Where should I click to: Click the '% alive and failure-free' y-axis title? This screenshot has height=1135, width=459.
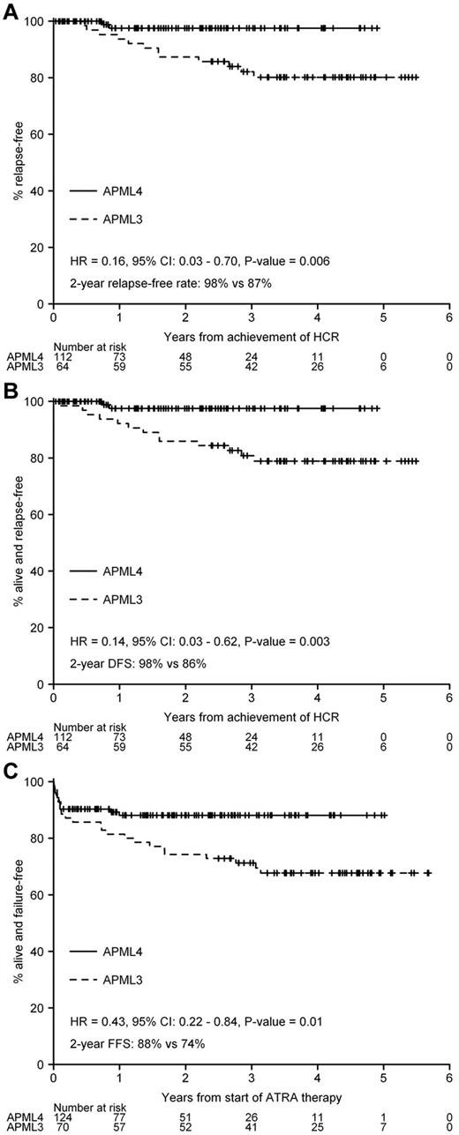[18, 922]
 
